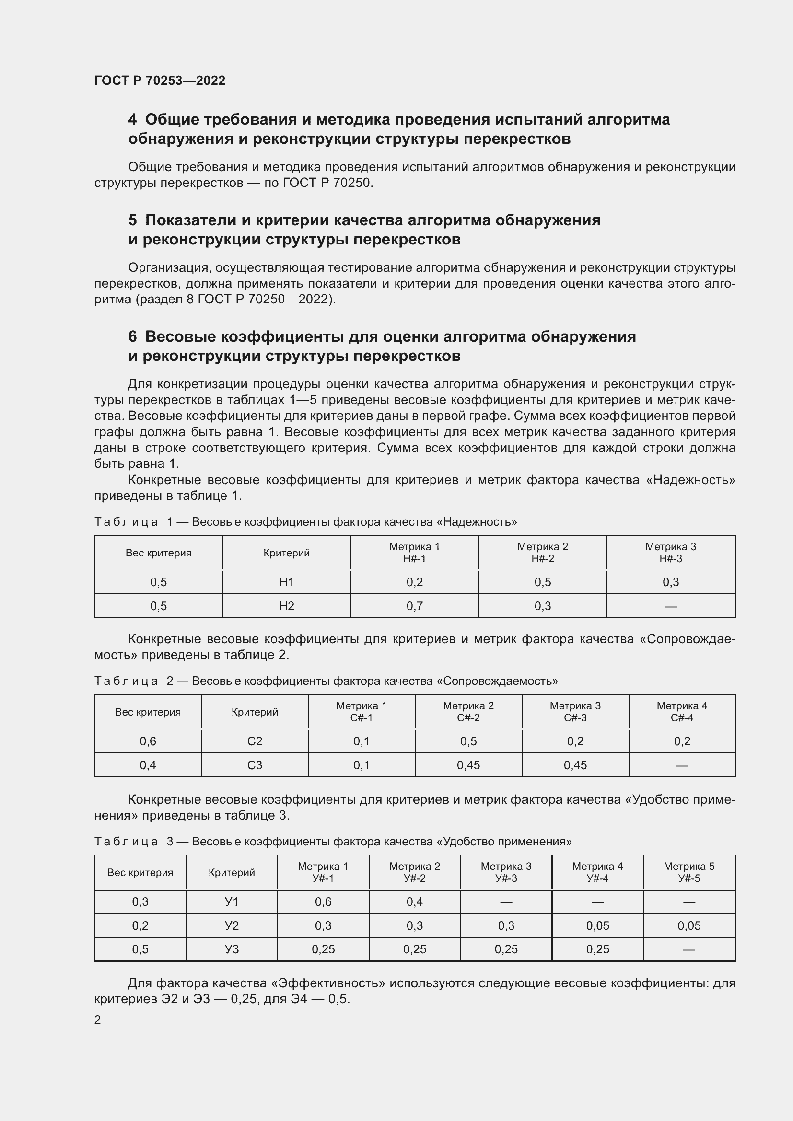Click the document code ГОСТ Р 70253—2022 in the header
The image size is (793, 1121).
point(160,81)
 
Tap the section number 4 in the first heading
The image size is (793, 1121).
point(132,120)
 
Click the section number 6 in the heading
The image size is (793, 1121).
point(132,336)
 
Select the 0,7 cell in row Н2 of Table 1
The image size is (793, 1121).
point(415,606)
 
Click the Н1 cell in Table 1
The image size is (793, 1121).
point(287,582)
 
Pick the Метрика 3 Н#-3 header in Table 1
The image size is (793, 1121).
point(670,552)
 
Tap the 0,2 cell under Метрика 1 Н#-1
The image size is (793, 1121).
point(415,582)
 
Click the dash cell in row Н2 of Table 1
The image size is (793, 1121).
point(670,606)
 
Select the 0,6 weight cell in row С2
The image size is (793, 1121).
point(148,741)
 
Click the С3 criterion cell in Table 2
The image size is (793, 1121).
point(255,765)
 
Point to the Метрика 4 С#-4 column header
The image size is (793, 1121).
point(682,711)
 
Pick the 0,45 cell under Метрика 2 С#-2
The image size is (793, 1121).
point(468,765)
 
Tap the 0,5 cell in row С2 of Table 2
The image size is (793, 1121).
point(468,741)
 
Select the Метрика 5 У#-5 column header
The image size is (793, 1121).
point(688,872)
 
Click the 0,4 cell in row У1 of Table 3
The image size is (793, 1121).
point(415,902)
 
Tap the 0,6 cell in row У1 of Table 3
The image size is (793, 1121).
point(323,902)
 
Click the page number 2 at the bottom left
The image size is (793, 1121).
point(98,1019)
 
